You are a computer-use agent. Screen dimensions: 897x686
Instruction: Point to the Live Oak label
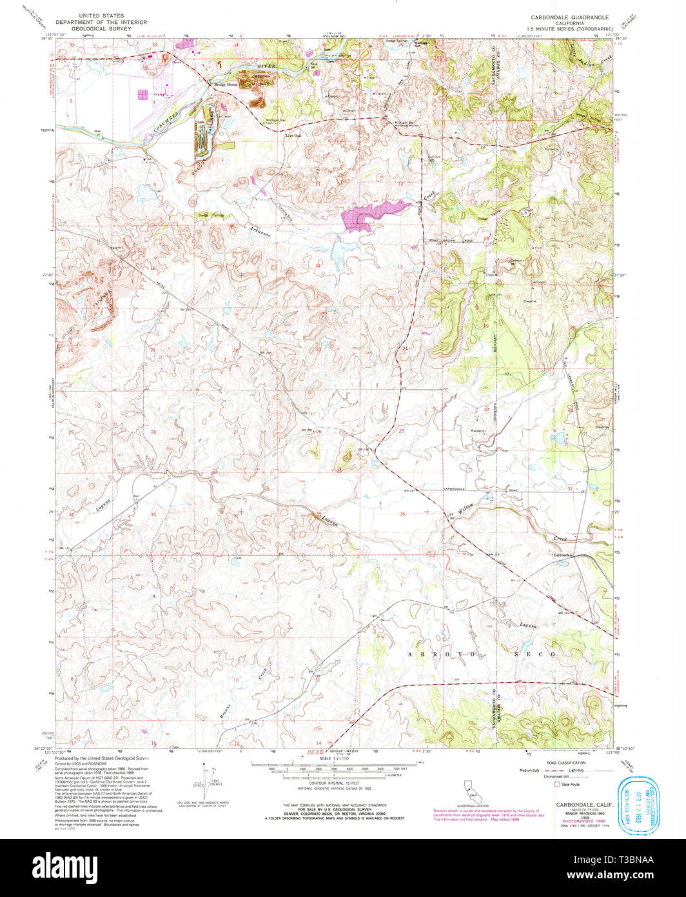(293, 136)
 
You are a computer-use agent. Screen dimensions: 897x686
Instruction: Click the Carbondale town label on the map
(562, 555)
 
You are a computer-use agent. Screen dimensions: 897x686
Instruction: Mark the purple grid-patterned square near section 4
(142, 94)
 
